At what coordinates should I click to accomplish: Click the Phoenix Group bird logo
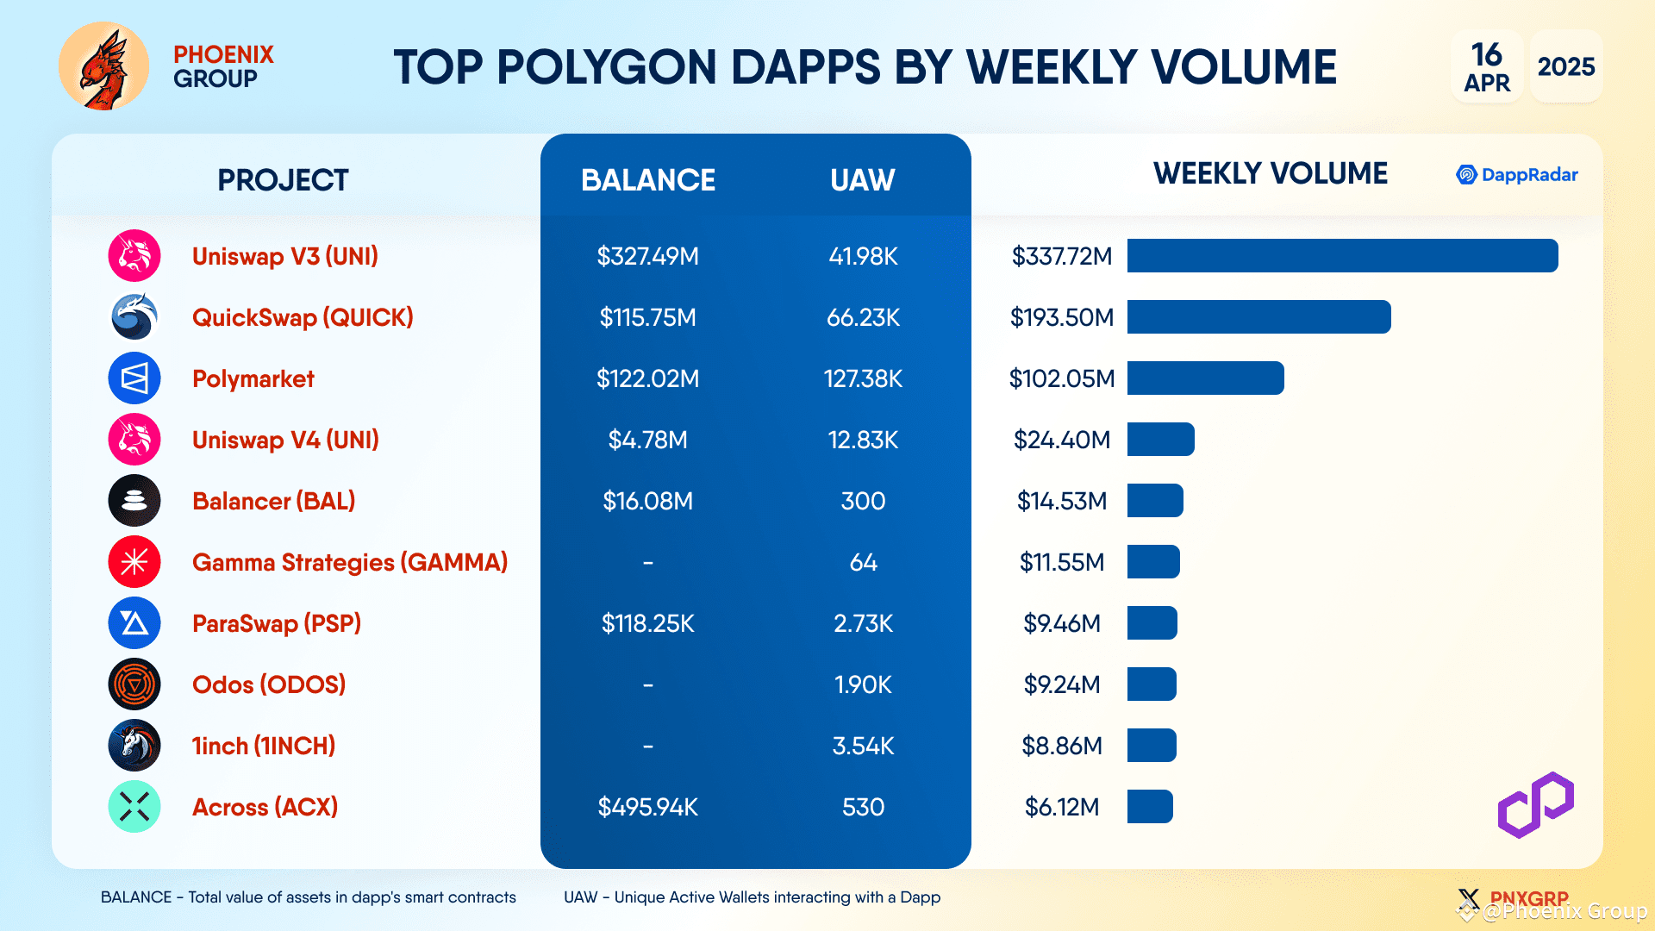pos(103,66)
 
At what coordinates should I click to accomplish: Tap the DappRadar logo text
pos(1528,175)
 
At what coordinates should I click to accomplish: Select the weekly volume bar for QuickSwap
pos(1258,317)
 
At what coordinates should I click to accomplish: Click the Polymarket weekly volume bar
pos(1205,378)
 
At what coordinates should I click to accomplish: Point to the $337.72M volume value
pos(1061,256)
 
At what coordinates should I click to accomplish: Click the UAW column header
pos(862,180)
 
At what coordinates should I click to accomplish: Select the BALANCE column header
pos(647,180)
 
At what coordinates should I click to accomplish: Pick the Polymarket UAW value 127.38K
pos(863,378)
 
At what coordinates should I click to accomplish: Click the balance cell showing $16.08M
pos(647,501)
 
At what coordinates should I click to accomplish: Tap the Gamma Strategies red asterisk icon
pos(134,562)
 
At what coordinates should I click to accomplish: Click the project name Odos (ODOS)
pos(269,684)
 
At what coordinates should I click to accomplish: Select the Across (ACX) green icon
pos(134,807)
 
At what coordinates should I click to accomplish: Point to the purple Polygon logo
pos(1535,805)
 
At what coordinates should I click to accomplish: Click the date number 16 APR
pos(1487,66)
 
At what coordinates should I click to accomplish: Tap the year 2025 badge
pos(1565,66)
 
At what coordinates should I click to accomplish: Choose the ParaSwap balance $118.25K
pos(647,623)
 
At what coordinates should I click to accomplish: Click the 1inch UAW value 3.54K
pos(863,746)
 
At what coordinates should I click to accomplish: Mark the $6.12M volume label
pos(1061,807)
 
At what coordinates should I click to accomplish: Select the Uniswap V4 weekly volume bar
pos(1160,440)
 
